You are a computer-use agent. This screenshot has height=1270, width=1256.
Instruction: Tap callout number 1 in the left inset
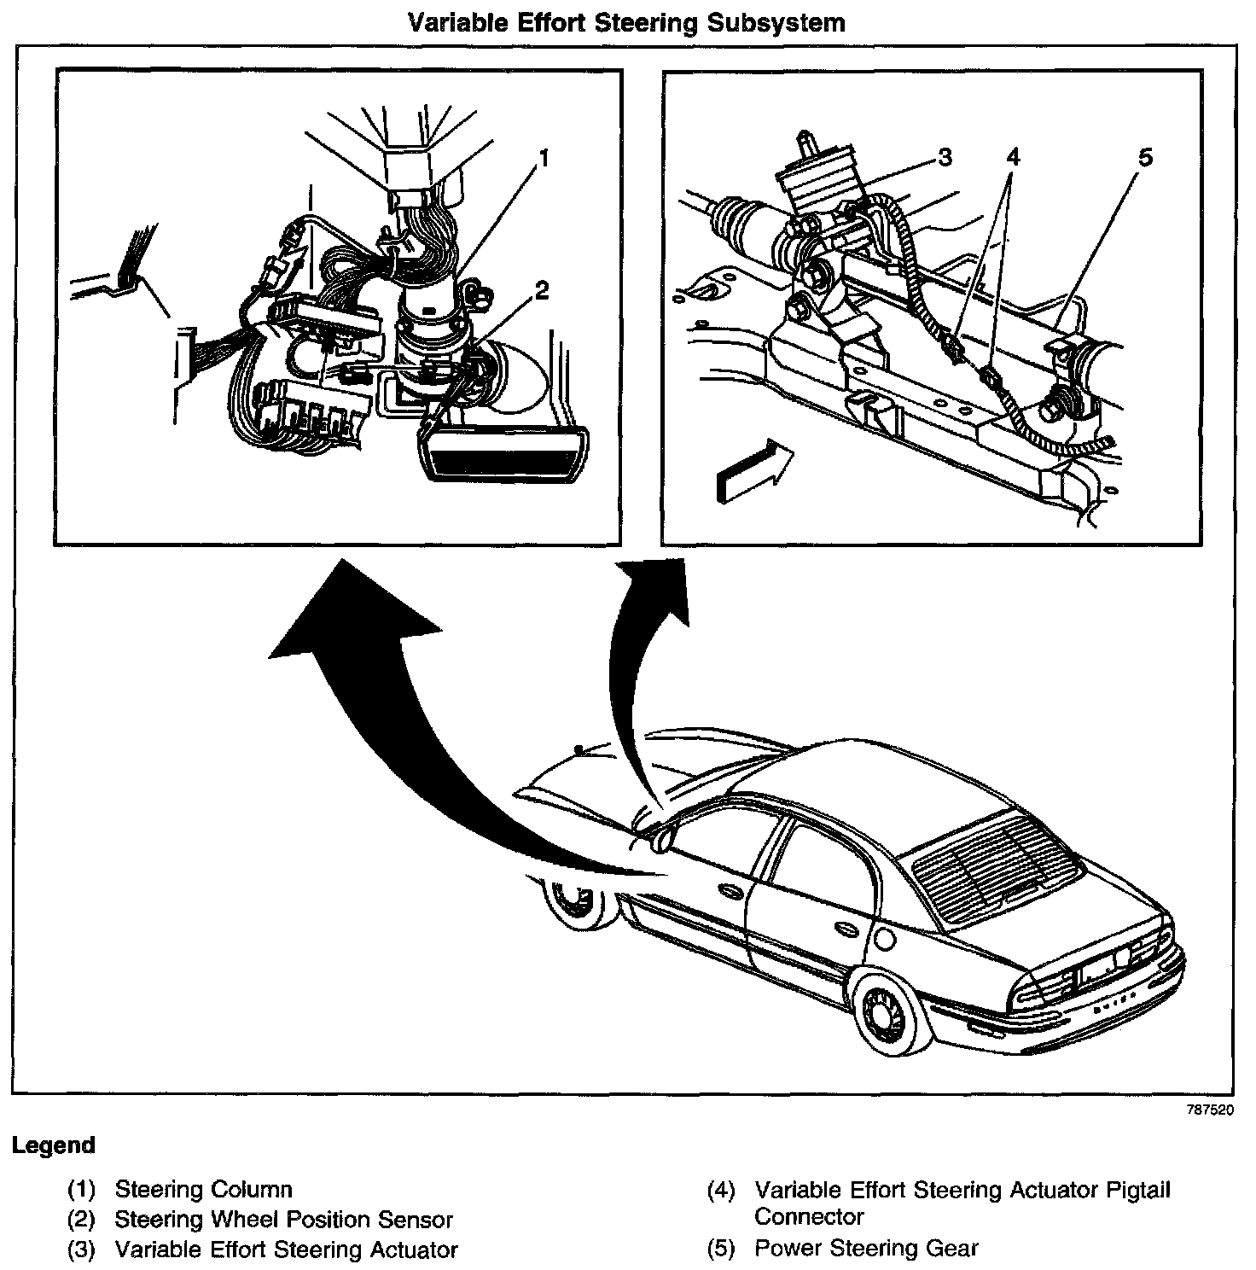544,158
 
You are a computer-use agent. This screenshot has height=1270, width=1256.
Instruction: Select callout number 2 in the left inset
540,291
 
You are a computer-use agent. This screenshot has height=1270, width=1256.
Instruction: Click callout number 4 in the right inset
1012,158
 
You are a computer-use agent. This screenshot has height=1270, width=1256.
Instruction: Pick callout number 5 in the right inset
1144,158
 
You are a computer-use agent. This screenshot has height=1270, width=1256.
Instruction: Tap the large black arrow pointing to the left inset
384,683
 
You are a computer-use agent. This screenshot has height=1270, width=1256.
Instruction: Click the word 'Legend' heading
54,1145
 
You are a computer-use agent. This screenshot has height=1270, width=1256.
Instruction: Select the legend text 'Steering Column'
203,1189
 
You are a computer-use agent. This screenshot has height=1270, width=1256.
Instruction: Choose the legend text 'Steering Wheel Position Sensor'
283,1220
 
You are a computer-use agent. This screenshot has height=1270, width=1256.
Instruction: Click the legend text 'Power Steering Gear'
866,1248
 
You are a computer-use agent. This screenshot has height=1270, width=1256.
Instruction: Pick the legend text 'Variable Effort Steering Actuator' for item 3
286,1250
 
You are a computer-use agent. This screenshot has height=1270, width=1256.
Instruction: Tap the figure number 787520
1209,1111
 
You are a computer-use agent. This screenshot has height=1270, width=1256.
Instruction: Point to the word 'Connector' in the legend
809,1216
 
